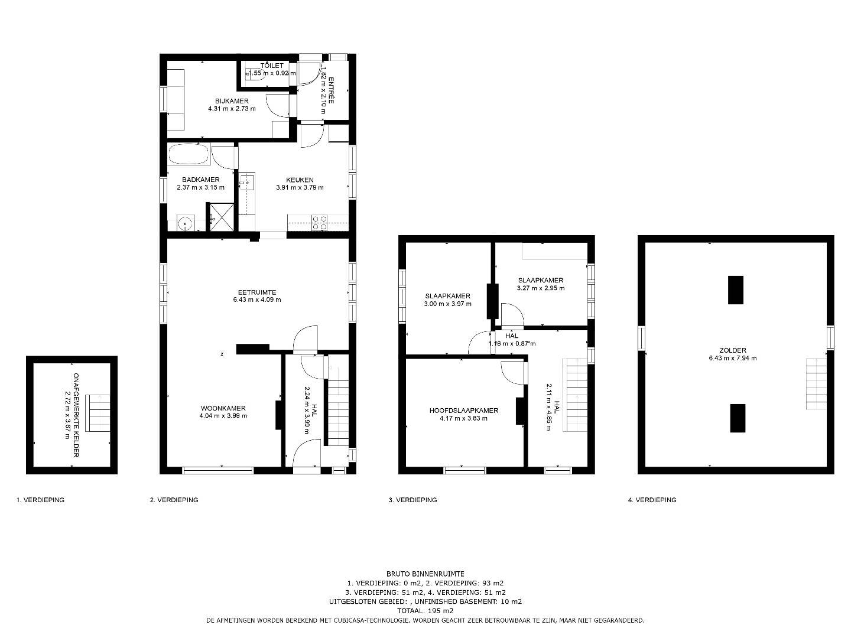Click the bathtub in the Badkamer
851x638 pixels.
point(189,154)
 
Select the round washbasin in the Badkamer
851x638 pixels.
point(186,223)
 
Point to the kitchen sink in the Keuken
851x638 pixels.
point(246,182)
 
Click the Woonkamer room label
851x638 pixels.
point(223,408)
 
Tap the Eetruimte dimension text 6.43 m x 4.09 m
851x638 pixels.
point(257,300)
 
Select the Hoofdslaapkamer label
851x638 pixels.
point(464,410)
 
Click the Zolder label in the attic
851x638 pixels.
point(732,350)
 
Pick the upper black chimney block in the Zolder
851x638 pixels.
point(736,289)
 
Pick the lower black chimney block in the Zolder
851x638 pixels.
point(738,418)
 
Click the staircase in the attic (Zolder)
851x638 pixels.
point(816,383)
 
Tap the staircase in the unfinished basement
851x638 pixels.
point(98,413)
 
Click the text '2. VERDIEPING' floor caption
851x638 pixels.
point(174,500)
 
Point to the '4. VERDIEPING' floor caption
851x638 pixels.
point(652,500)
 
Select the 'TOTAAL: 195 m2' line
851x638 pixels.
point(425,611)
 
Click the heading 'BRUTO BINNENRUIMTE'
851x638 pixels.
point(425,574)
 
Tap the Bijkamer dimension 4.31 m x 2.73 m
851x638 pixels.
point(232,109)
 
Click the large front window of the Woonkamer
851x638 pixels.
point(218,470)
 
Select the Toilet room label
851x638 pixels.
point(272,66)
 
